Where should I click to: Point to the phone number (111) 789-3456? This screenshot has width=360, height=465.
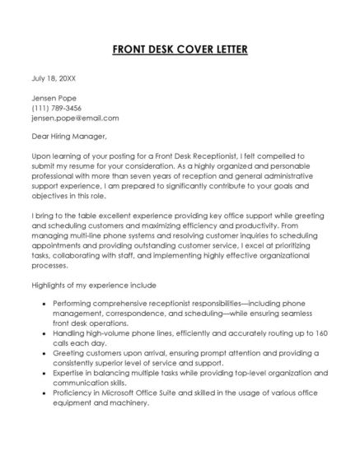(57, 108)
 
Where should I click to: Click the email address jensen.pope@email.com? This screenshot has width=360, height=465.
(75, 118)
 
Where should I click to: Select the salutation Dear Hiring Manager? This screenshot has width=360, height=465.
(69, 137)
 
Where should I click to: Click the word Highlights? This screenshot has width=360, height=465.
(50, 284)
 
